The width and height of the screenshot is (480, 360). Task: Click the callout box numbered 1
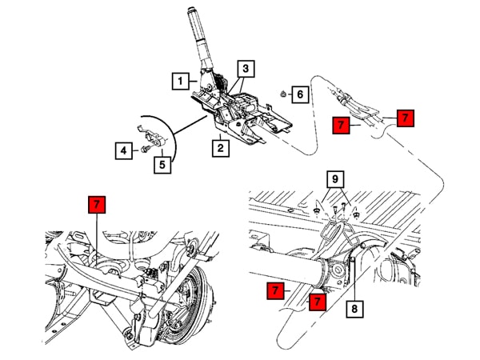(182, 80)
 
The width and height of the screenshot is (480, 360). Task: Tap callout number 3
(246, 69)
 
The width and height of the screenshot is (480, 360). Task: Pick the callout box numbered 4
(123, 150)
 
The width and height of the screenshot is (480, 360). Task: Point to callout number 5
(162, 165)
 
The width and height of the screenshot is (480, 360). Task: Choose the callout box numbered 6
(299, 95)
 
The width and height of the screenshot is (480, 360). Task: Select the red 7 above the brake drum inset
(96, 205)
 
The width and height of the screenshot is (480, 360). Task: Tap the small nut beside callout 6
(283, 95)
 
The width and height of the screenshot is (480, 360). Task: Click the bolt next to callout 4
(143, 149)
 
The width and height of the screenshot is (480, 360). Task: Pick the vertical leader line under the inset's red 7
(96, 236)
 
